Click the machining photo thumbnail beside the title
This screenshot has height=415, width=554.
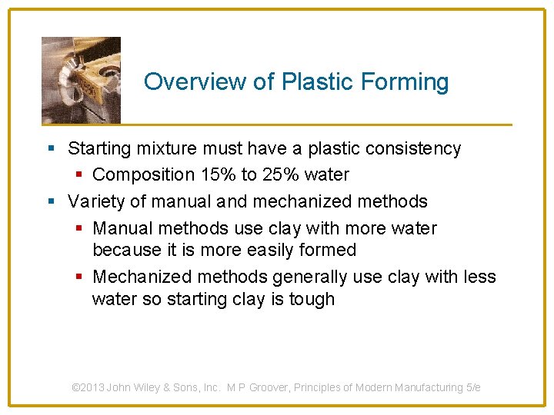pos(81,80)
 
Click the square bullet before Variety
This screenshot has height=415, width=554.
pos(52,202)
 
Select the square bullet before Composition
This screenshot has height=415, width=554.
pos(81,175)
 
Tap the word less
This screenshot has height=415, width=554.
pos(479,277)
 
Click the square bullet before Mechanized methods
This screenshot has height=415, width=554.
pos(81,277)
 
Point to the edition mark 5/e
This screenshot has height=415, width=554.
pos(473,388)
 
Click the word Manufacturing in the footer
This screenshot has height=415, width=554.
pos(429,388)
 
